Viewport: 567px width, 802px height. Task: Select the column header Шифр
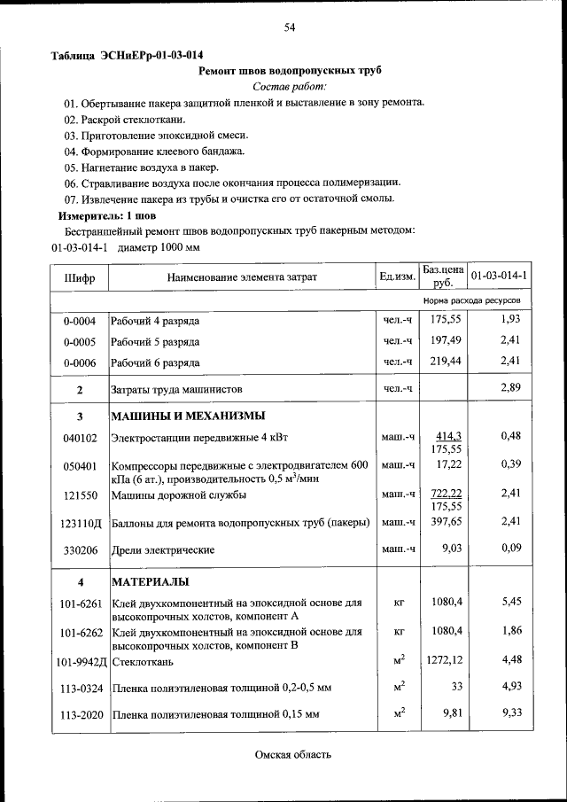(80, 277)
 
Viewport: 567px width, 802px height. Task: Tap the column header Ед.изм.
(397, 277)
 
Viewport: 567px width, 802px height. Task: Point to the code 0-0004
(80, 320)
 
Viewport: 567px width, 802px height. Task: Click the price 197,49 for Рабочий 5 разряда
(447, 341)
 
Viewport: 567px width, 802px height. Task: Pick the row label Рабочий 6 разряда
(155, 362)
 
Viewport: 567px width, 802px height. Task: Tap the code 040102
(80, 437)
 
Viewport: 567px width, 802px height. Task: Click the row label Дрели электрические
(154, 550)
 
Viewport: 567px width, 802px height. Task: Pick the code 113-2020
(80, 713)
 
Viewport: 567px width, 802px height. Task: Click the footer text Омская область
(292, 755)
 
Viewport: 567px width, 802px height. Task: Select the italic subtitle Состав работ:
(290, 86)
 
